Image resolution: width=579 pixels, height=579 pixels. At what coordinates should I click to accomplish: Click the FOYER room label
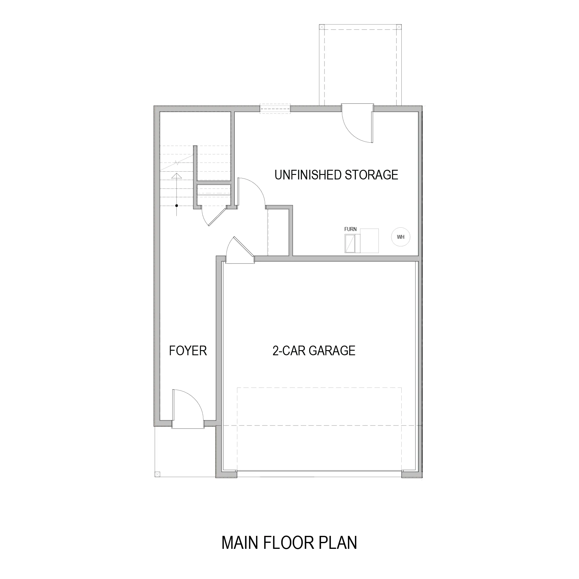pyautogui.click(x=188, y=351)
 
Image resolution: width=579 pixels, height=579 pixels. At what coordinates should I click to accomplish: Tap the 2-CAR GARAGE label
pyautogui.click(x=314, y=351)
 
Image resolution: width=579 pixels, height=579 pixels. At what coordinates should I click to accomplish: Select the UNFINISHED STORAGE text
pyautogui.click(x=336, y=175)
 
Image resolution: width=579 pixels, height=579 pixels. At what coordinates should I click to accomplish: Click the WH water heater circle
pyautogui.click(x=400, y=237)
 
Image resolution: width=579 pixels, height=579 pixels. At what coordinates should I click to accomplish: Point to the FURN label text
pyautogui.click(x=350, y=229)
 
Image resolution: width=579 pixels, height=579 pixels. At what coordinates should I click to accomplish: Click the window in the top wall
pyautogui.click(x=275, y=109)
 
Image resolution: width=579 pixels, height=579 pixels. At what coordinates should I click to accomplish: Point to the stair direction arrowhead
pyautogui.click(x=176, y=176)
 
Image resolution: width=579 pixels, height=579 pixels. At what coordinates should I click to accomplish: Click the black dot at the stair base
pyautogui.click(x=176, y=206)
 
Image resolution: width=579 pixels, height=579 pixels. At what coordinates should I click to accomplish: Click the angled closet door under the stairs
pyautogui.click(x=214, y=216)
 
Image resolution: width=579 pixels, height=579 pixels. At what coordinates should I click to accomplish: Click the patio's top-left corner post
pyautogui.click(x=322, y=27)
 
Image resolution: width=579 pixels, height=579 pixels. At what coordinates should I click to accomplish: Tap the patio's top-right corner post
pyautogui.click(x=399, y=27)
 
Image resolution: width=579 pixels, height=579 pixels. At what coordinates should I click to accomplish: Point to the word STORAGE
pyautogui.click(x=371, y=175)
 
